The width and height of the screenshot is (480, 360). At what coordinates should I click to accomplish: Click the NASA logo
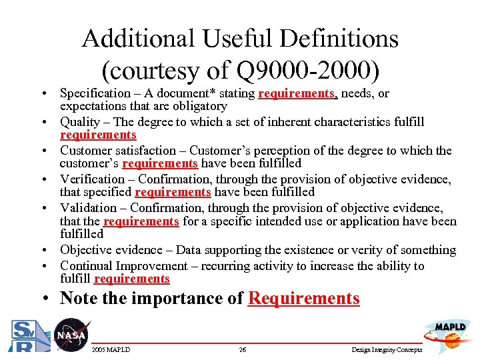71,335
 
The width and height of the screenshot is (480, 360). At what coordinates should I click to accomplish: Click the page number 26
243,350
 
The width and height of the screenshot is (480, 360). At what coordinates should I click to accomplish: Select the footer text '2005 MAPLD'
111,350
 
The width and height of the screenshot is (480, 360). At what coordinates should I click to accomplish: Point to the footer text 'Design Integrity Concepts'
386,350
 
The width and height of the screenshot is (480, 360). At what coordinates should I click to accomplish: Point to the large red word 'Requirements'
303,298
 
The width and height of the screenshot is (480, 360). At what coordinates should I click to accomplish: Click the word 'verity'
360,250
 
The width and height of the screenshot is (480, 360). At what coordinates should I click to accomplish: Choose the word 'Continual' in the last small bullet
85,266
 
